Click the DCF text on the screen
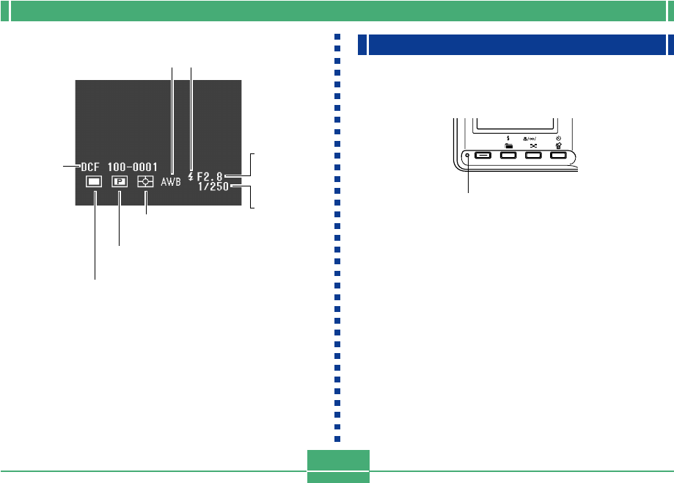(93, 167)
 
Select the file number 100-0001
(133, 167)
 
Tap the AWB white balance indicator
(170, 178)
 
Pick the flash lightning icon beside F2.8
(191, 177)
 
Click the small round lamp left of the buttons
(468, 156)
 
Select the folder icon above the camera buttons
(508, 145)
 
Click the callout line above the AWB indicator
(173, 110)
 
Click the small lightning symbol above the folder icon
(508, 137)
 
